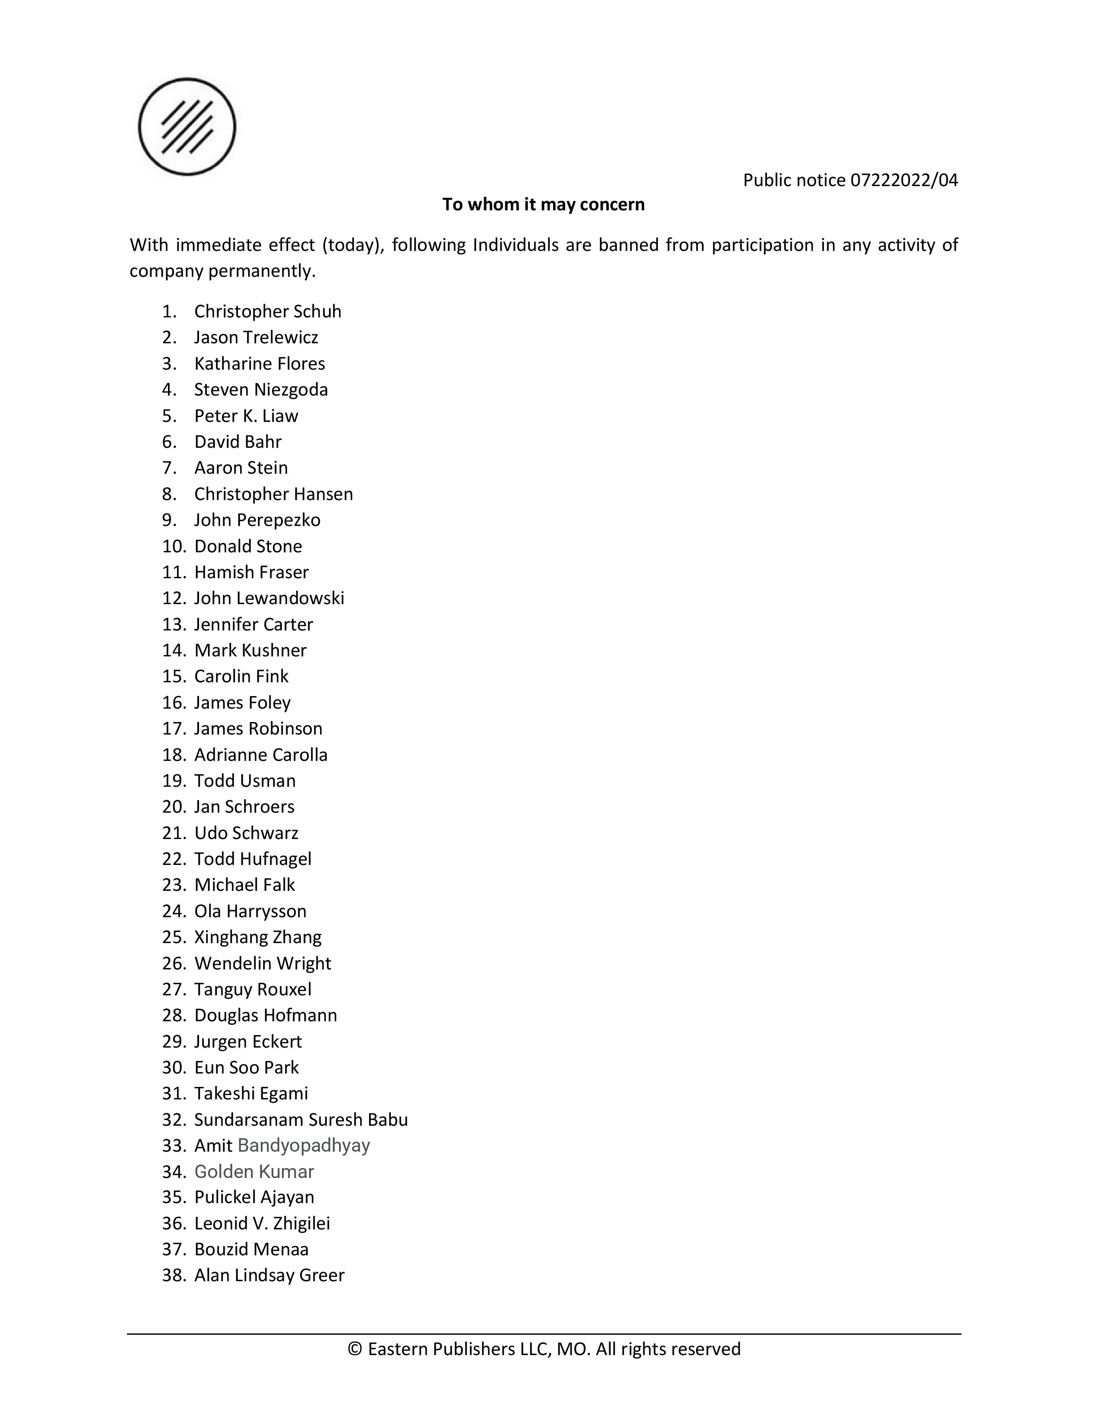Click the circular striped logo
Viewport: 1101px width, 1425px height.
click(x=187, y=127)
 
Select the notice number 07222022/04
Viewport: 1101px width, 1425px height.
click(x=904, y=180)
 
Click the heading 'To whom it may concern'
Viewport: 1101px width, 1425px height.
click(x=543, y=204)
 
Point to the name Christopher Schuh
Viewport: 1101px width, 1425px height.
click(x=267, y=311)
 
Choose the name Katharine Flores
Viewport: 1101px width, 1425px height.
click(x=259, y=364)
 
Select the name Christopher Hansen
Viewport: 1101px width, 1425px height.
click(x=273, y=494)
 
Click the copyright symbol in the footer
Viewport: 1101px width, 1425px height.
click(x=355, y=1349)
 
